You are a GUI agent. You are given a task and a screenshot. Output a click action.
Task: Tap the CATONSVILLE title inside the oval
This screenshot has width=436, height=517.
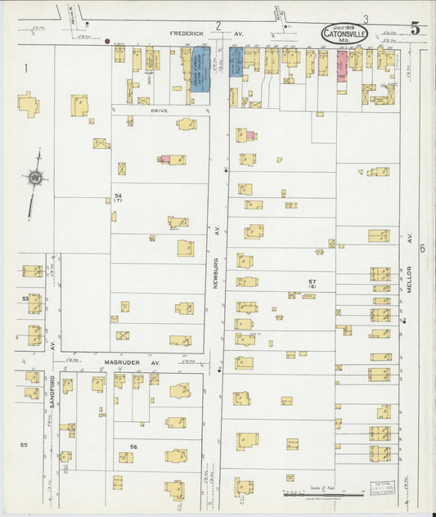point(344,34)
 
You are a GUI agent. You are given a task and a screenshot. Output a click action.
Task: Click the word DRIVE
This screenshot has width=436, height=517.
point(160,109)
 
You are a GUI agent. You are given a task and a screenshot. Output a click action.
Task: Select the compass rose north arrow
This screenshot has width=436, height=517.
point(35,177)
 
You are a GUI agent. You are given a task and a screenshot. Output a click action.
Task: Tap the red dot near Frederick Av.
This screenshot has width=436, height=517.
point(107,38)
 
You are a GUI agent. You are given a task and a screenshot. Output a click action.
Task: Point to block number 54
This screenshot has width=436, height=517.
point(118,196)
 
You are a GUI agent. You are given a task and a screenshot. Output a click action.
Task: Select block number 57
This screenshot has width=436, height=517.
point(312,281)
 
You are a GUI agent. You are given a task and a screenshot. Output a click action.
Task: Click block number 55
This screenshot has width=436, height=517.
point(24,444)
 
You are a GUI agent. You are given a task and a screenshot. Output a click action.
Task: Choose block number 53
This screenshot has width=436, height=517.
point(25,300)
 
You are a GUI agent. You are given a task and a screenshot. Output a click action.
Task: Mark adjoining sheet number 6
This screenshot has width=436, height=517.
point(423,248)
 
